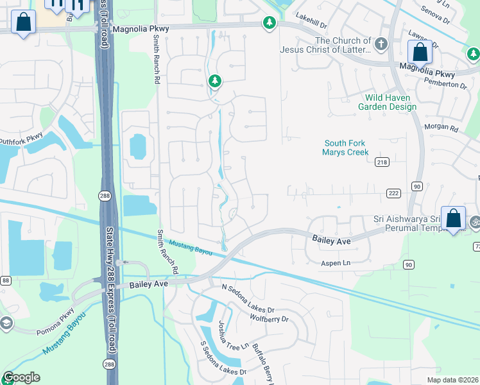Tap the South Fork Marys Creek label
click(347, 148)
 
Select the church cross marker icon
click(381, 44)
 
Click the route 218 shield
click(382, 163)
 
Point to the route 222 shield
click(393, 193)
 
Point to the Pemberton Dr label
click(444, 84)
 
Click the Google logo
click(21, 377)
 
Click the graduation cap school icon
click(6, 323)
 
